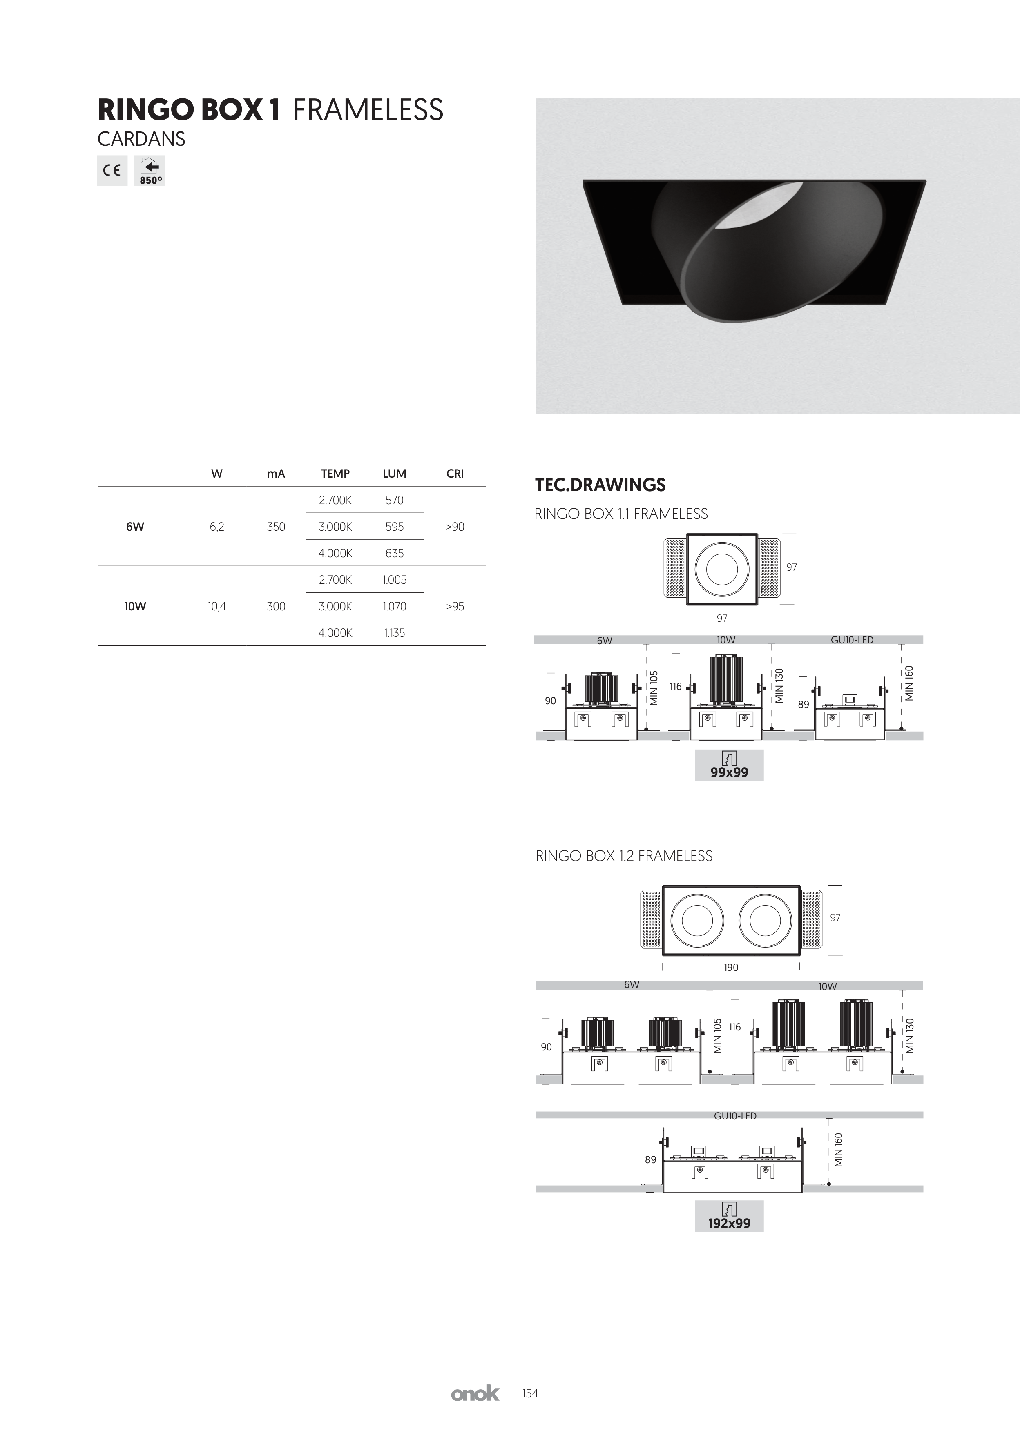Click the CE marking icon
tap(112, 170)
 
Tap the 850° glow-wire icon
tap(150, 170)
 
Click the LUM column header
tap(395, 474)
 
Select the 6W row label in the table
tap(135, 527)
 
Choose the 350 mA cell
tap(276, 527)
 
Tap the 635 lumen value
tap(395, 553)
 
